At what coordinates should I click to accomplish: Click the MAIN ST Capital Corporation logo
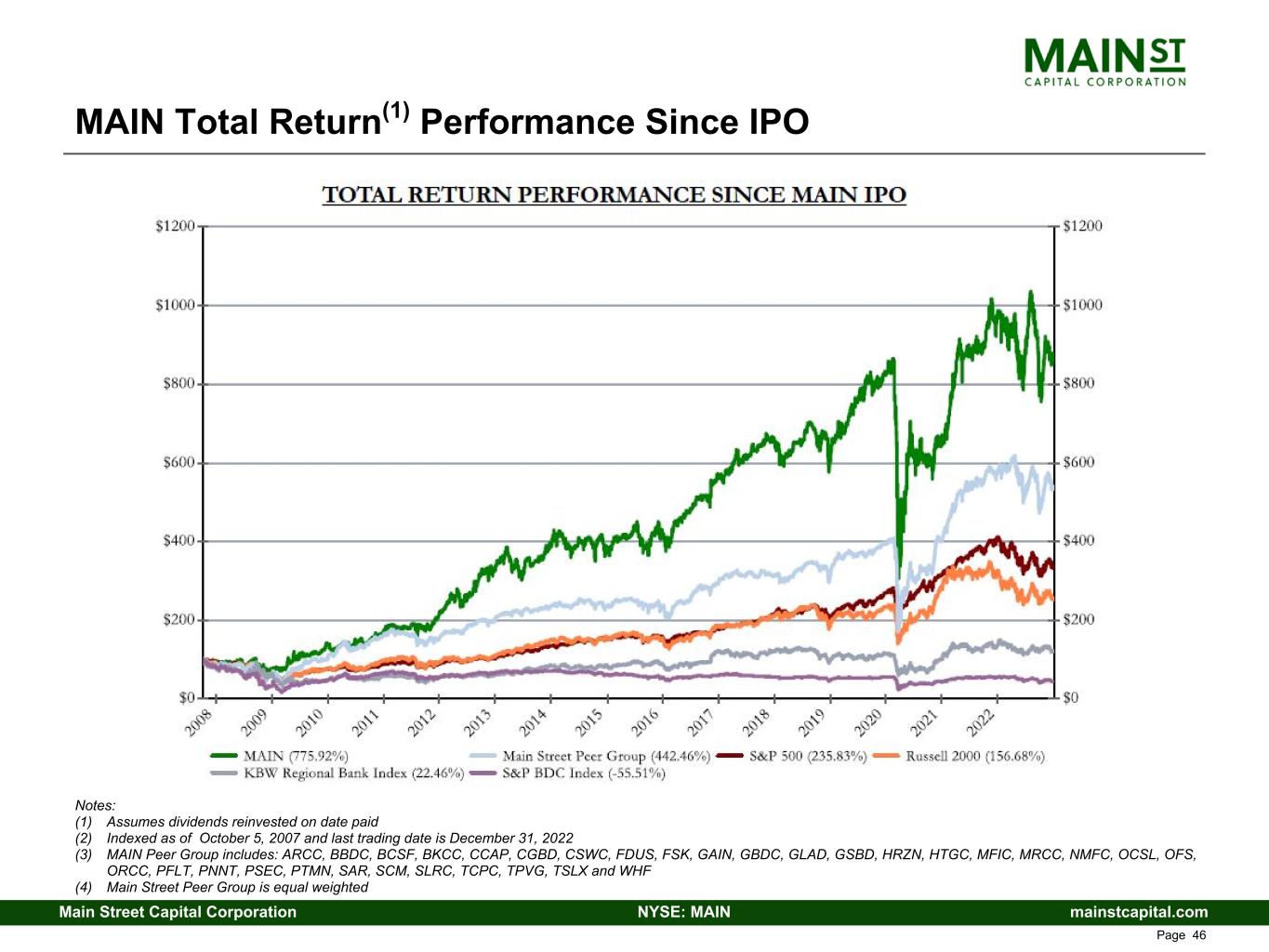click(x=1104, y=61)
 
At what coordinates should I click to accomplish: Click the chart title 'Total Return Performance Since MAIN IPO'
click(x=614, y=195)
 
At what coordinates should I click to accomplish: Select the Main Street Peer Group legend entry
click(x=605, y=757)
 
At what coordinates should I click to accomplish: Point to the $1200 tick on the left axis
click(x=175, y=226)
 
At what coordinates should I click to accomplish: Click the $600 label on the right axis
click(x=1078, y=462)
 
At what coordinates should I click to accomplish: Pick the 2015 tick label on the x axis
click(x=589, y=721)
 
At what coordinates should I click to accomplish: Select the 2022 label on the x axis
click(x=980, y=721)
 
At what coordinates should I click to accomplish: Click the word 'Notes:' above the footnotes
click(x=95, y=805)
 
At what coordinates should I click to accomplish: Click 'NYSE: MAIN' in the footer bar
click(x=683, y=912)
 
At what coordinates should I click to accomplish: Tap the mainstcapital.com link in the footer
click(x=1139, y=912)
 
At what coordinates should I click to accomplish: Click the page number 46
click(x=1198, y=935)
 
